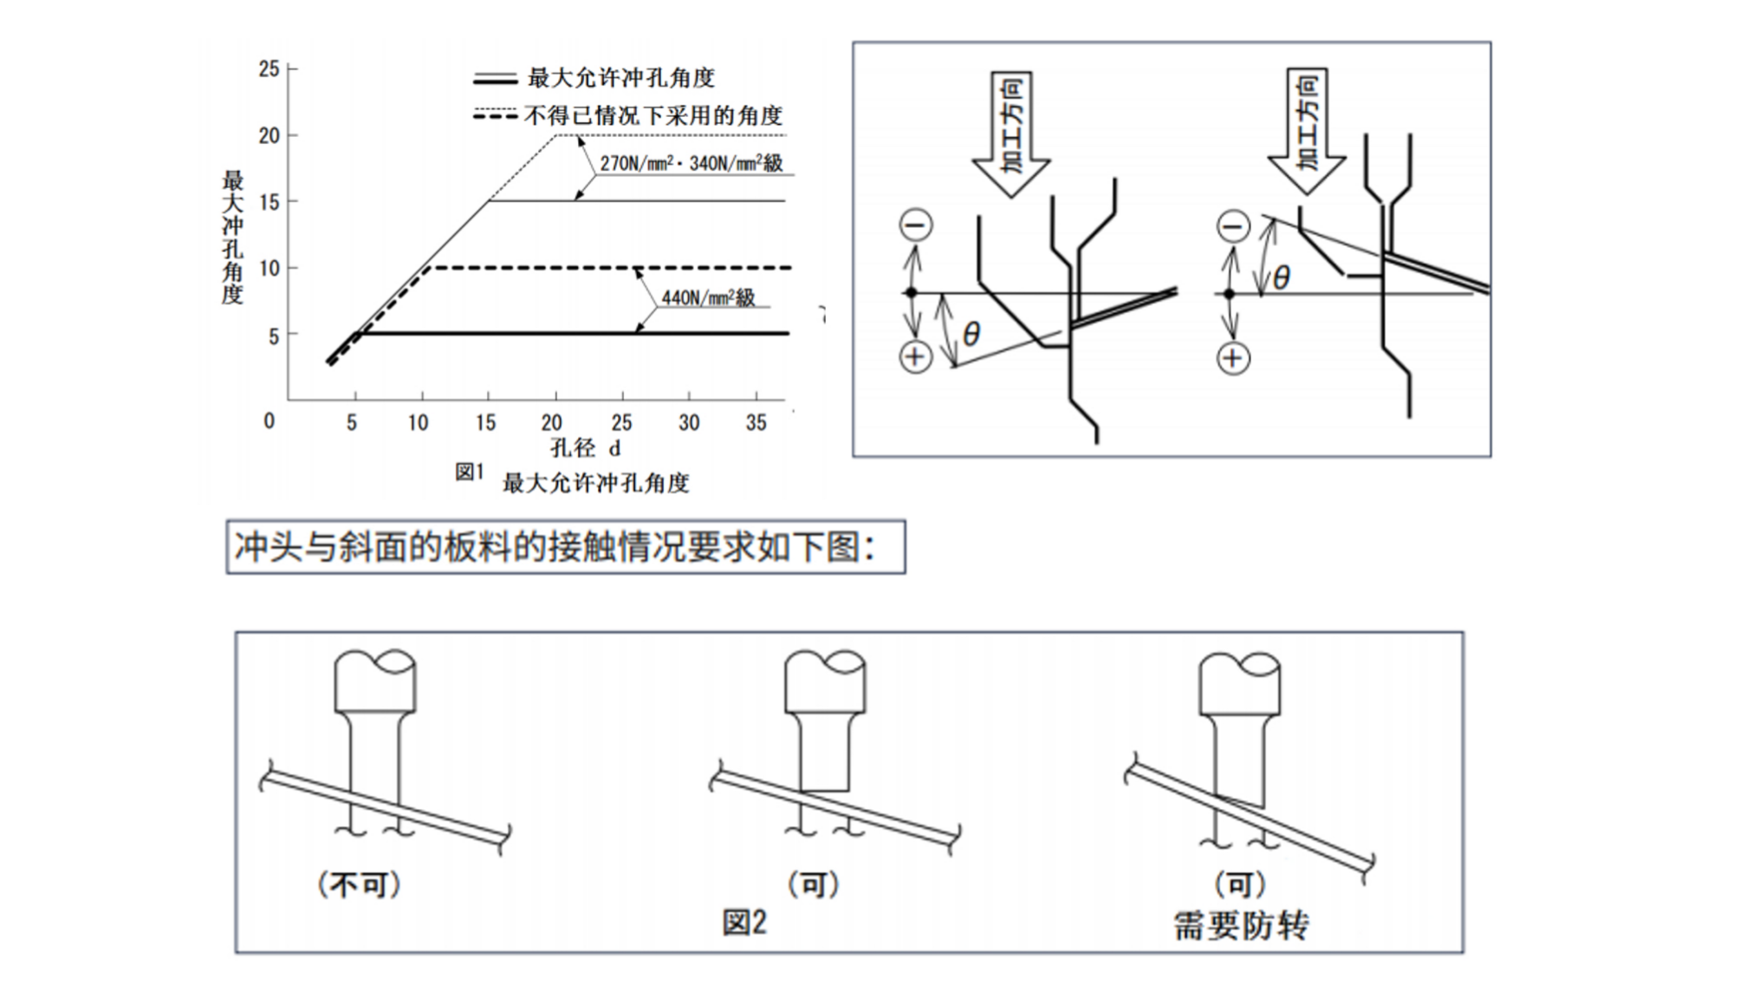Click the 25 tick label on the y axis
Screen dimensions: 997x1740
coord(269,68)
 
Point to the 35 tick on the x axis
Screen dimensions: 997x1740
coord(756,423)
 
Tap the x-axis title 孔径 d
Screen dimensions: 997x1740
coord(586,448)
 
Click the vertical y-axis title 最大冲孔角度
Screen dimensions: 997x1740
coord(232,238)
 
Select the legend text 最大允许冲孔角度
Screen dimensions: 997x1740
coord(621,78)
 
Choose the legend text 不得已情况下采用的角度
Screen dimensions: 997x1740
coord(653,115)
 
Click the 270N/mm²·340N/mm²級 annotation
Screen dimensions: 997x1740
coord(691,163)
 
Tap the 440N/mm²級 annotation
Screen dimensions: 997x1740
coord(708,297)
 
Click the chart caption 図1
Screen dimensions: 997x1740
coord(469,472)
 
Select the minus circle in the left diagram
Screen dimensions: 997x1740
coord(916,225)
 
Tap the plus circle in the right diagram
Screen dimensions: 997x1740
coord(1233,358)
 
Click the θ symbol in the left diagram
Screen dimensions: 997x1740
coord(971,334)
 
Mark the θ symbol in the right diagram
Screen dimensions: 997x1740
coord(1282,277)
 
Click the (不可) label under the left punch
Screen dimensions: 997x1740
coord(360,885)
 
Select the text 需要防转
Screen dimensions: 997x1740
coord(1241,926)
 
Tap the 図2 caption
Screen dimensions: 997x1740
coord(744,922)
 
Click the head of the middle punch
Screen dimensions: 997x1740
coord(825,681)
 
